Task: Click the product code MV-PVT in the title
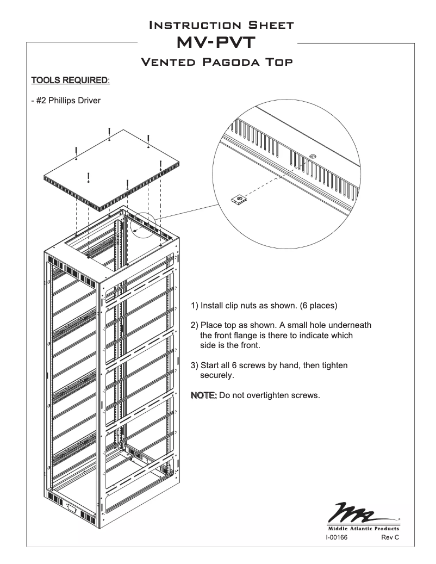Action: click(x=217, y=42)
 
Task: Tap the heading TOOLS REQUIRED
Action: click(x=70, y=80)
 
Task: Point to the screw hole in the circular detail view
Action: click(x=312, y=157)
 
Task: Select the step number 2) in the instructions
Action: click(x=195, y=325)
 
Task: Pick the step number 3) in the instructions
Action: click(x=195, y=365)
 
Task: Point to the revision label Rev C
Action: click(x=390, y=537)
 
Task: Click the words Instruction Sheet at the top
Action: click(x=217, y=25)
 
